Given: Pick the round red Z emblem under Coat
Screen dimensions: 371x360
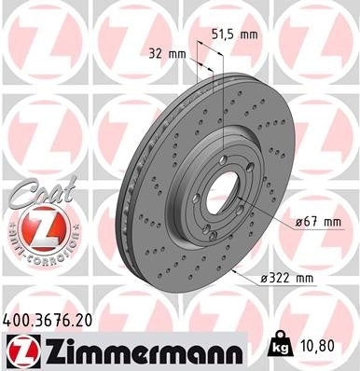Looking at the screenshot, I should tap(33, 226).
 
